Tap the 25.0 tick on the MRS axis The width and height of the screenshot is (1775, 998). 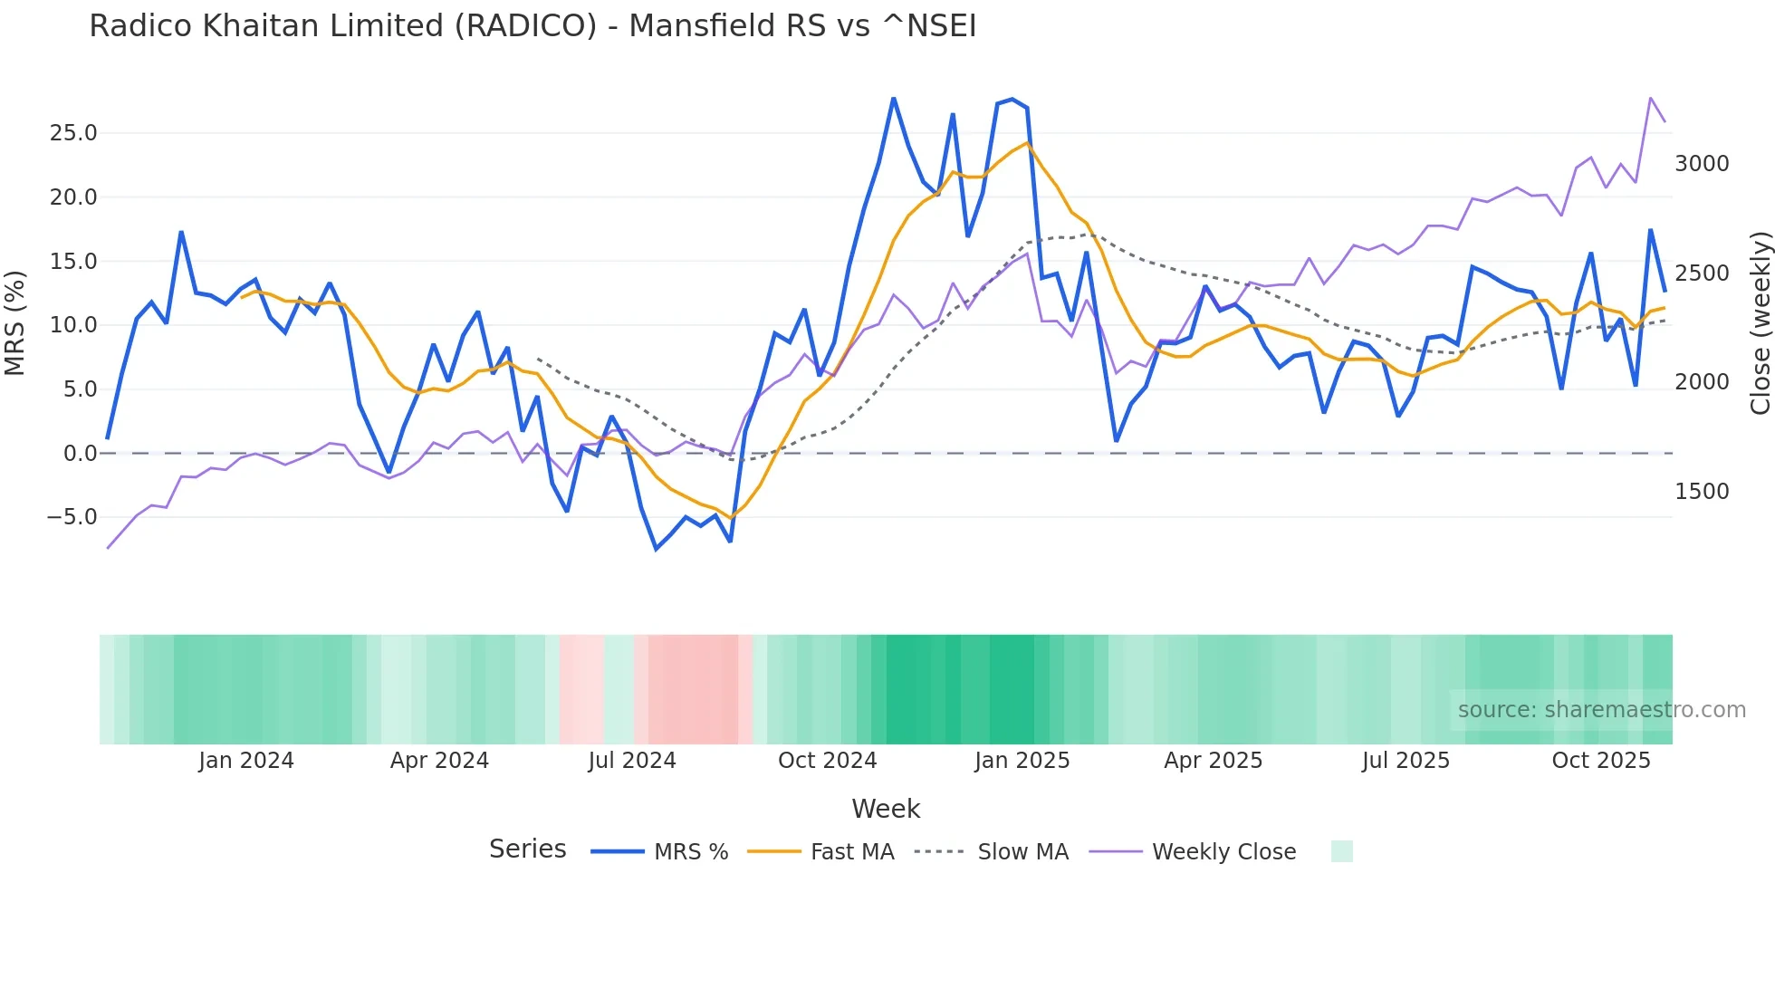(72, 133)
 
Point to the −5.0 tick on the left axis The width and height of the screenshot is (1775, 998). (71, 517)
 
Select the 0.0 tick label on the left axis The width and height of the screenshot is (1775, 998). (80, 453)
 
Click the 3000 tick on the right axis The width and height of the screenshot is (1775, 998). (1702, 164)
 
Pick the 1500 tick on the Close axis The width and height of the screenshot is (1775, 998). (1702, 492)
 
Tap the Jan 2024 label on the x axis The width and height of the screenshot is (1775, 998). (246, 761)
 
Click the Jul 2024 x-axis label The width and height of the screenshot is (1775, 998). (632, 761)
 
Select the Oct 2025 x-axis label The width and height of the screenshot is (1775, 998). (1601, 761)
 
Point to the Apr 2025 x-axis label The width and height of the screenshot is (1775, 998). (1213, 761)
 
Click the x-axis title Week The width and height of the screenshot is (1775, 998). (886, 809)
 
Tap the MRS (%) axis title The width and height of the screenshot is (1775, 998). (14, 322)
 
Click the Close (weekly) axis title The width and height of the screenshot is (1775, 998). (1760, 322)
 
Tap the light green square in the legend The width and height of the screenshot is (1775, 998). (1341, 851)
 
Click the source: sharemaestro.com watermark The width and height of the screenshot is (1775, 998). (1601, 710)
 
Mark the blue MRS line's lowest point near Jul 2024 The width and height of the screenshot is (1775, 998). (657, 549)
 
